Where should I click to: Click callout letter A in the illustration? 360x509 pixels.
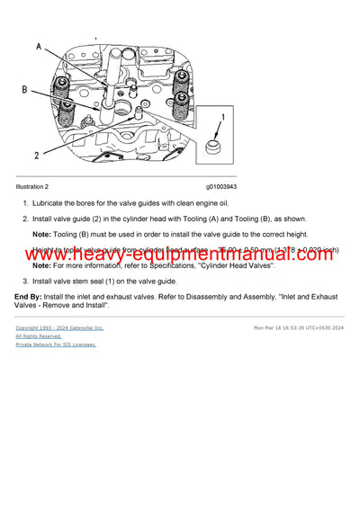(39, 46)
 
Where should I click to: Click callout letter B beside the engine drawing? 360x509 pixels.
(24, 90)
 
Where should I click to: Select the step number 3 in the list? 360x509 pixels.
(24, 281)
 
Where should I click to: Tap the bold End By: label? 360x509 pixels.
(29, 296)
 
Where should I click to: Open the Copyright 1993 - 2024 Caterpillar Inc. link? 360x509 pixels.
(59, 328)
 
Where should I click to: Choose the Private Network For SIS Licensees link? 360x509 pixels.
(56, 344)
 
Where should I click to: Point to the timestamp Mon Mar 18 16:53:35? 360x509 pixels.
(283, 328)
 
